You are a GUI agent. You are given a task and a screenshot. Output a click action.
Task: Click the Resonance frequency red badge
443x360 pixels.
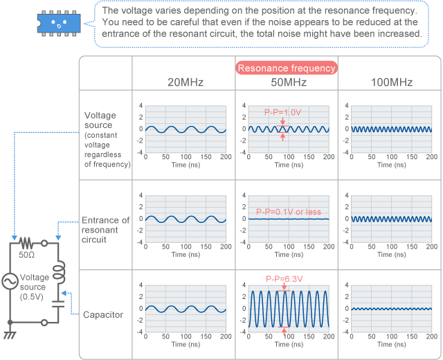(x=287, y=68)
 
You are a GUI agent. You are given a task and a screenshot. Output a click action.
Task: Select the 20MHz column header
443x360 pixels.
(x=185, y=83)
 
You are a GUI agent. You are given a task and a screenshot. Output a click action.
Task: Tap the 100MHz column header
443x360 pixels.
(x=390, y=83)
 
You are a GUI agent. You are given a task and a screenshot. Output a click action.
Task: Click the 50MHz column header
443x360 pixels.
(x=287, y=83)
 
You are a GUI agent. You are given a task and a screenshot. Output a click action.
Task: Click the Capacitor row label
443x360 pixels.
(x=104, y=314)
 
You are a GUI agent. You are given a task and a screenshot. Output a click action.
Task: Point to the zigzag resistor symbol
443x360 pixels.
(x=26, y=243)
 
